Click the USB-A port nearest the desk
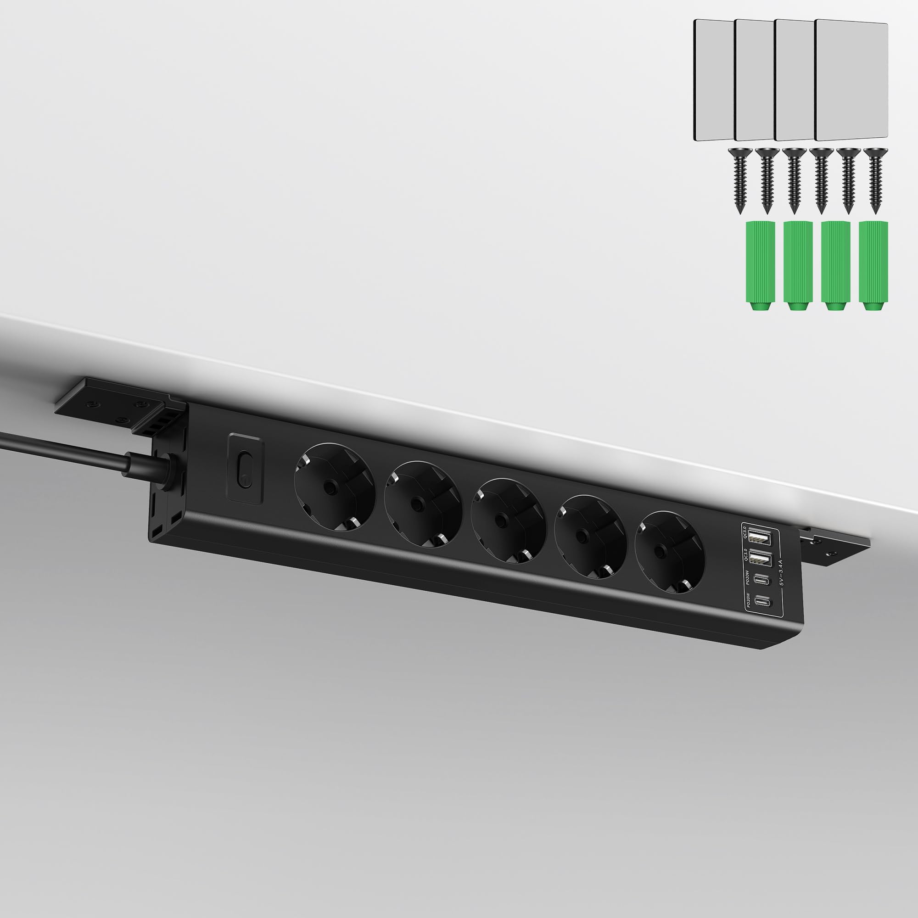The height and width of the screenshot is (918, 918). (x=759, y=538)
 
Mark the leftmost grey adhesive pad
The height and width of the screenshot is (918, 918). (x=713, y=80)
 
